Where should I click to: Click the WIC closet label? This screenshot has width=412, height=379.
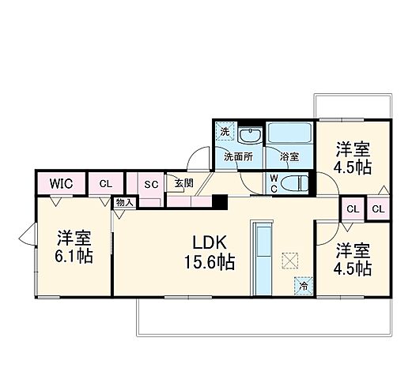[x=61, y=183]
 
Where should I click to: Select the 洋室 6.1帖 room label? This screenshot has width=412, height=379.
[x=70, y=246]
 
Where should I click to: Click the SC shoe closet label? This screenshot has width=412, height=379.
[x=152, y=184]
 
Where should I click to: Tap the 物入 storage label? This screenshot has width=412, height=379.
[x=124, y=202]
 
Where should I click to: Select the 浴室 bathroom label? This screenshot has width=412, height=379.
[x=289, y=156]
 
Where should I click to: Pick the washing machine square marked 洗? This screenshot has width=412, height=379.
[x=225, y=131]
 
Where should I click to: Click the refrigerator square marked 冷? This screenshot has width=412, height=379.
[x=303, y=287]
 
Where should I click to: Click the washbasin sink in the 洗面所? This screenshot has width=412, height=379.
[x=251, y=135]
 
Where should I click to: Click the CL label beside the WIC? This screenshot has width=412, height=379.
[x=105, y=183]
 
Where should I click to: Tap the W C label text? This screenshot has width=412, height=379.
[x=273, y=183]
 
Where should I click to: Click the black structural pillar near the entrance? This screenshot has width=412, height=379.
[x=224, y=202]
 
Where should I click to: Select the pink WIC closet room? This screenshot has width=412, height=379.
[x=61, y=185]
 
